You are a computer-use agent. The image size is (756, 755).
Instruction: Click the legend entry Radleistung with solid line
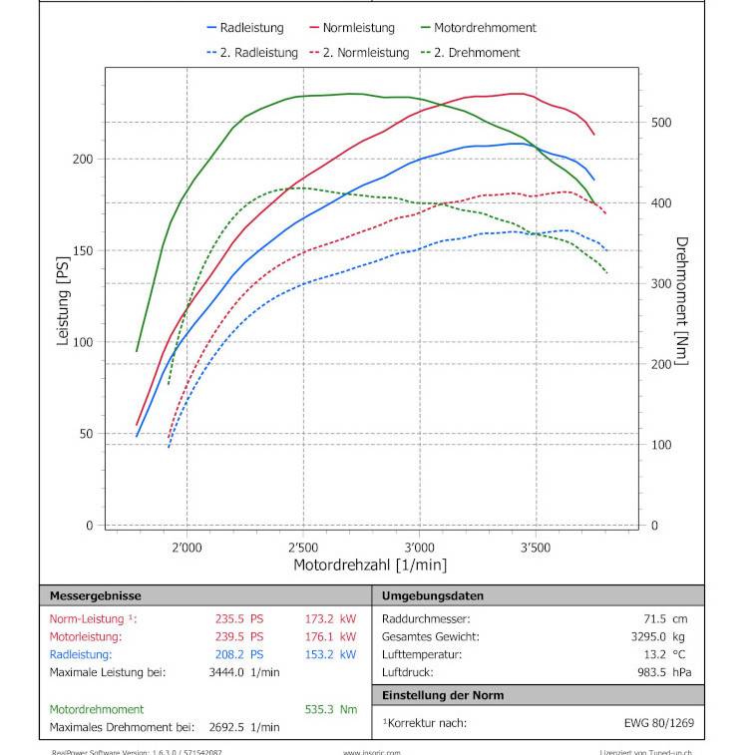tap(251, 28)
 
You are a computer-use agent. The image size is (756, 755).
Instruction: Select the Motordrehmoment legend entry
tap(485, 28)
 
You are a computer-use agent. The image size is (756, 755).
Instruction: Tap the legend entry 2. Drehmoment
tap(477, 52)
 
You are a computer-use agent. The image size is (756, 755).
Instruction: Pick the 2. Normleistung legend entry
tap(365, 52)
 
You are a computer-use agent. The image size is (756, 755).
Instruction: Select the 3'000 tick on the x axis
tap(420, 548)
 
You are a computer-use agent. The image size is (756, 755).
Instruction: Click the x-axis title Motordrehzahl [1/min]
tap(369, 565)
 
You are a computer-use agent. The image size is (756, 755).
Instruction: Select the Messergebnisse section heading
tap(96, 595)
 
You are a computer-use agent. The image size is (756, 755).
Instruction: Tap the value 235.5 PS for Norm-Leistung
tap(239, 618)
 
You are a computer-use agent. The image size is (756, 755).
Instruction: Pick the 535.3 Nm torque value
tap(330, 709)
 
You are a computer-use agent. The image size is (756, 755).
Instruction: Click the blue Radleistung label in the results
tap(81, 654)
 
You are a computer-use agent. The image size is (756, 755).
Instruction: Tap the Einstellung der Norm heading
tap(443, 695)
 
